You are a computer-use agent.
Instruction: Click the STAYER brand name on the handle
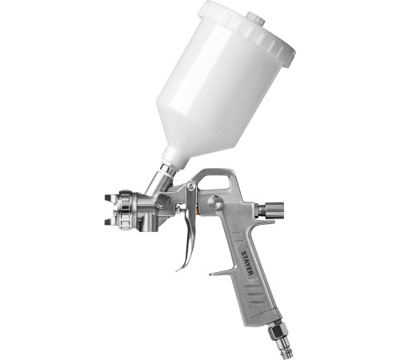[247, 262]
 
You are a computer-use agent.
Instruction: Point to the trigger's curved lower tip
[180, 268]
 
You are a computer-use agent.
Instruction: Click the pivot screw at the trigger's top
[191, 186]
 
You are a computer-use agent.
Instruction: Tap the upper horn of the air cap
[110, 198]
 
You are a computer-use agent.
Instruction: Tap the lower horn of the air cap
[110, 222]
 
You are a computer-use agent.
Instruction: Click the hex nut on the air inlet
[276, 331]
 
